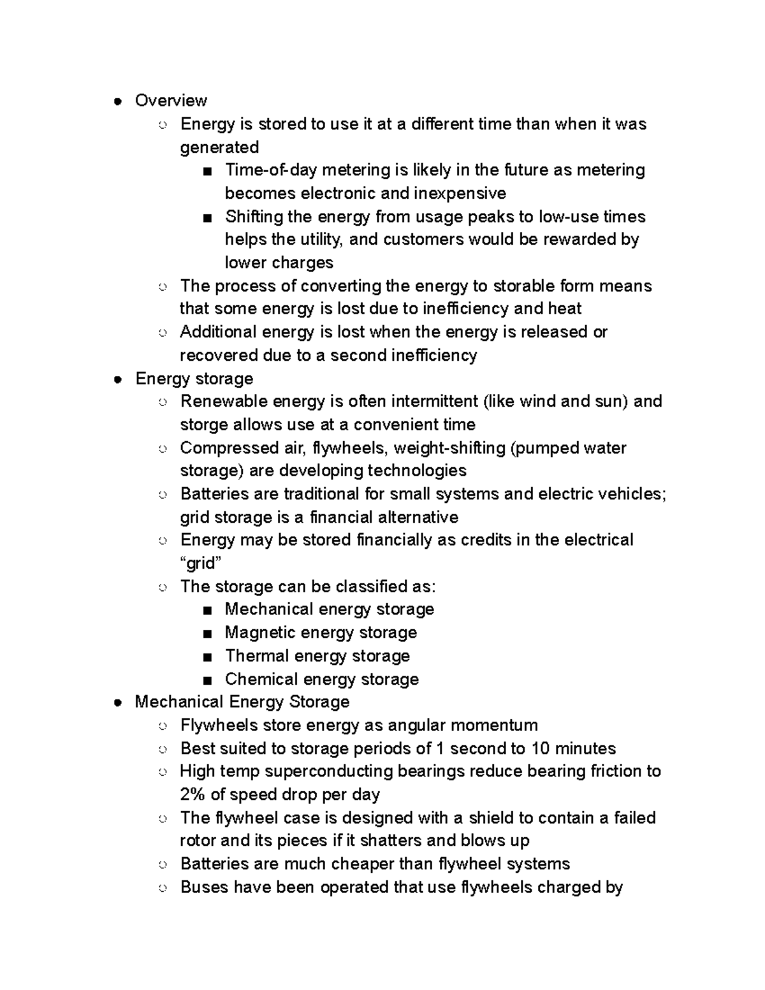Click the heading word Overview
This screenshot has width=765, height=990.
point(171,101)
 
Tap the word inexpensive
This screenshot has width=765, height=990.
point(460,193)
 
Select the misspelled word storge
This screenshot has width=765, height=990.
point(204,425)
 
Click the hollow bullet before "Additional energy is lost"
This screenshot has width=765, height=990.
point(163,333)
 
